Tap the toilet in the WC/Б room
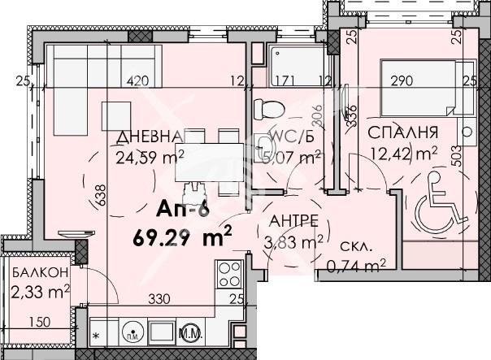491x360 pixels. tap(267, 108)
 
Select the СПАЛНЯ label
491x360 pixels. tap(403, 132)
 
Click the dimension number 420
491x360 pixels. tap(142, 80)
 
